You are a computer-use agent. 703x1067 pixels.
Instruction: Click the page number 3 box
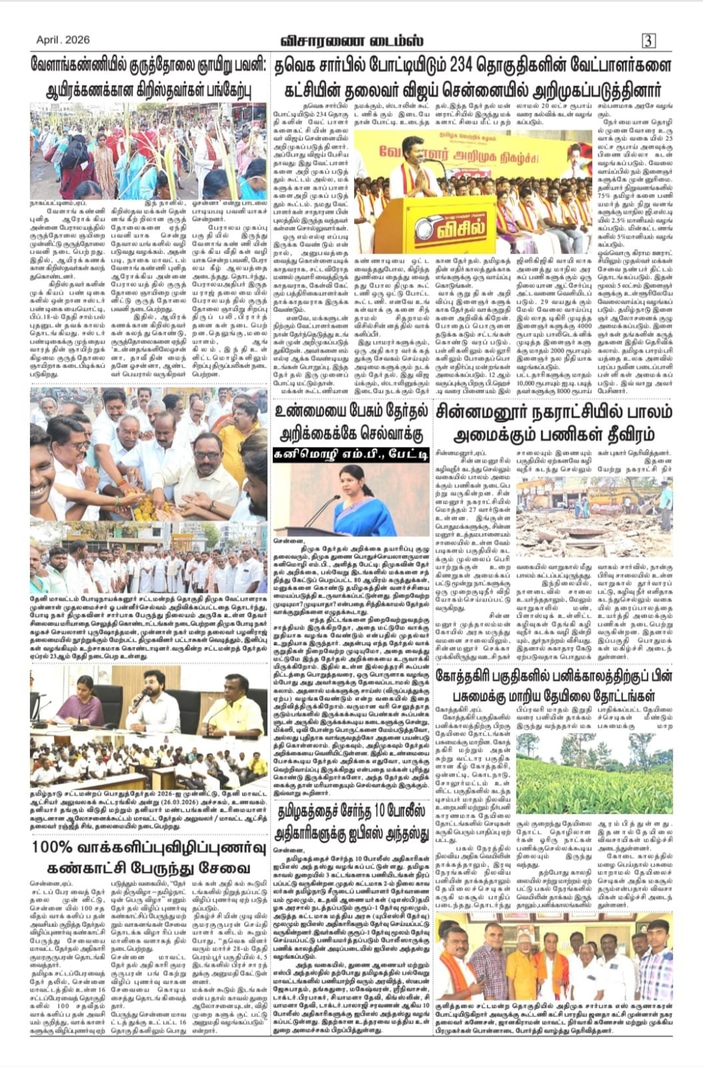[648, 41]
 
